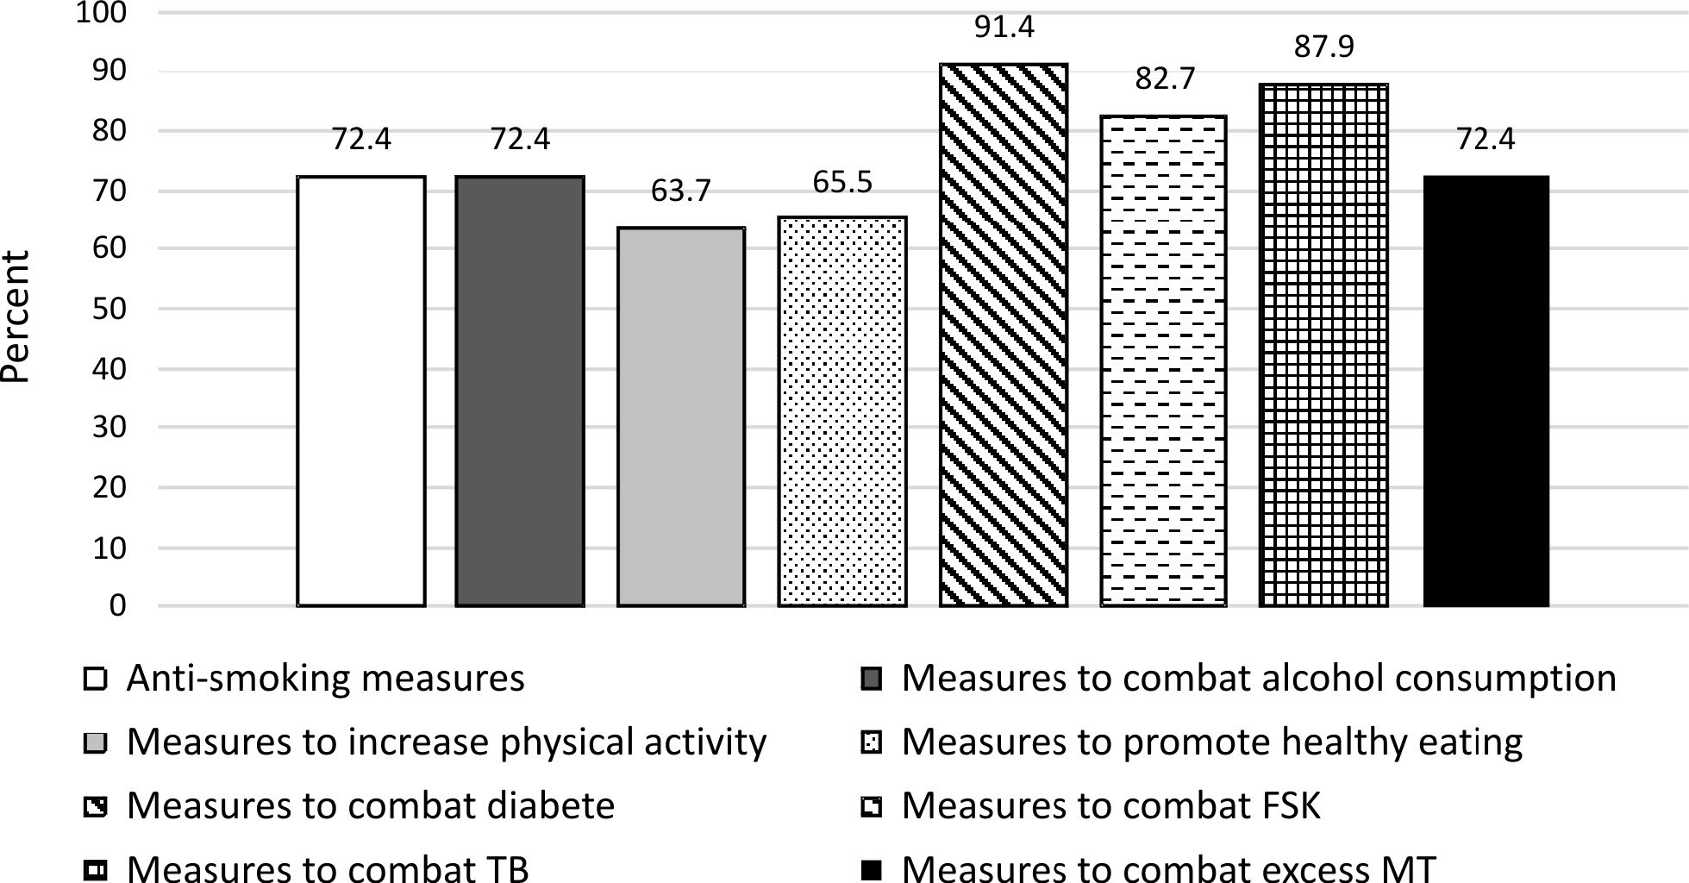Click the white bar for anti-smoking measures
361,391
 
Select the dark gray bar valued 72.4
520,391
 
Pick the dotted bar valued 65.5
842,411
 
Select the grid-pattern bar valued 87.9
1324,345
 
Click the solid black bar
1486,391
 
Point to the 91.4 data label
1004,28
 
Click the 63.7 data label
681,191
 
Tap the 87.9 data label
1324,47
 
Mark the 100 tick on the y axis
101,13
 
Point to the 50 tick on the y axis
109,309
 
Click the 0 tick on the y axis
117,606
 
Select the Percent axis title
16,316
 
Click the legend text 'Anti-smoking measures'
326,679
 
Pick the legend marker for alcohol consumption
872,679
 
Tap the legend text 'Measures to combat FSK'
1111,805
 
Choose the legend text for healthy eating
1212,742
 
